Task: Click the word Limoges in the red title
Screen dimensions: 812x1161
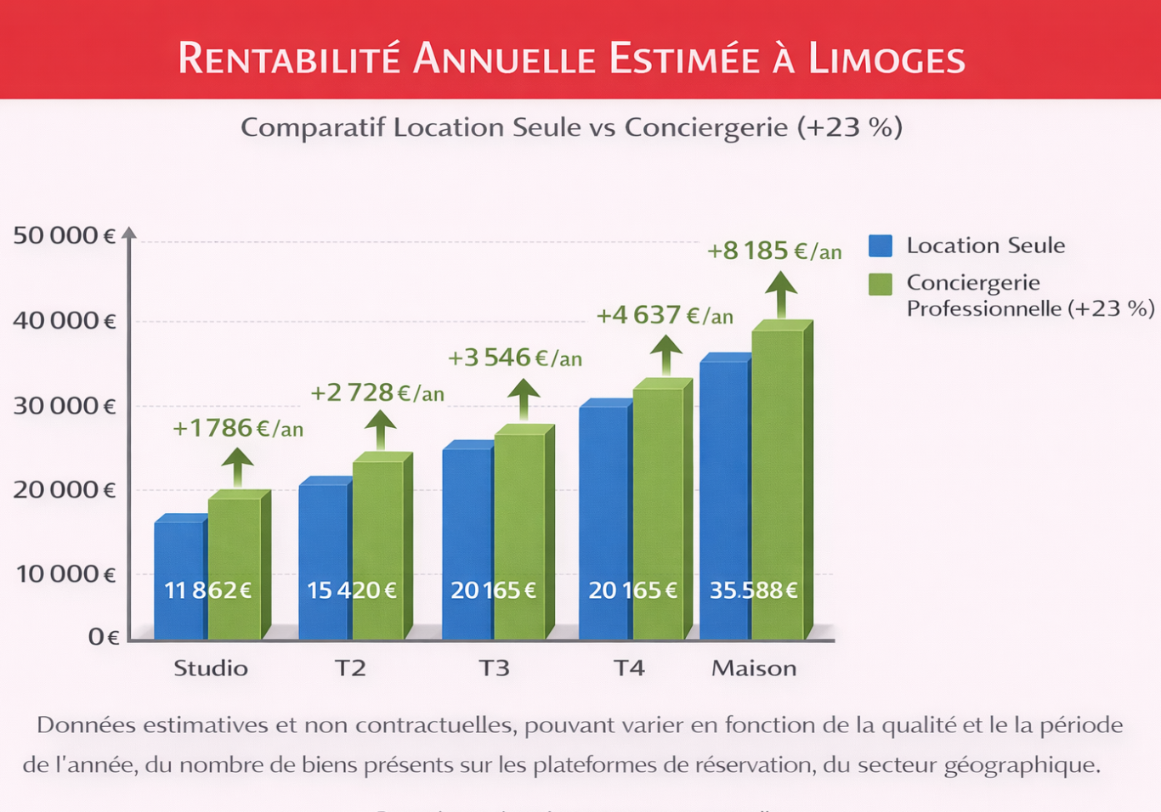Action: (886, 59)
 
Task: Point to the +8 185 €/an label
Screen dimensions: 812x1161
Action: (774, 251)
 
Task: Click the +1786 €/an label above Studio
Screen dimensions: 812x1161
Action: (238, 428)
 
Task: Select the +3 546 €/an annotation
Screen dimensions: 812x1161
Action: (515, 358)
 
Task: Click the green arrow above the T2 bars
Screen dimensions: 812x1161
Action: (380, 430)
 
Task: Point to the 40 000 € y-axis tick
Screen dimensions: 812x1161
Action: (65, 320)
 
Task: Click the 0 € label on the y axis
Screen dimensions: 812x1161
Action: (104, 636)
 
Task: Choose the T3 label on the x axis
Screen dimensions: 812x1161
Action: (494, 668)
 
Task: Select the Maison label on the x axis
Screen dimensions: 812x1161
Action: (754, 668)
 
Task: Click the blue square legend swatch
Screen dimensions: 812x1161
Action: (881, 245)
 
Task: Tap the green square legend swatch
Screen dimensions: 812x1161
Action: (881, 284)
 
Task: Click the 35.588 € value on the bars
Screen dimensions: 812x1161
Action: (754, 589)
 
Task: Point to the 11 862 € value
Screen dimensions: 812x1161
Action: (207, 589)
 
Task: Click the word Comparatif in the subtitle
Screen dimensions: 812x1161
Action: (313, 127)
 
